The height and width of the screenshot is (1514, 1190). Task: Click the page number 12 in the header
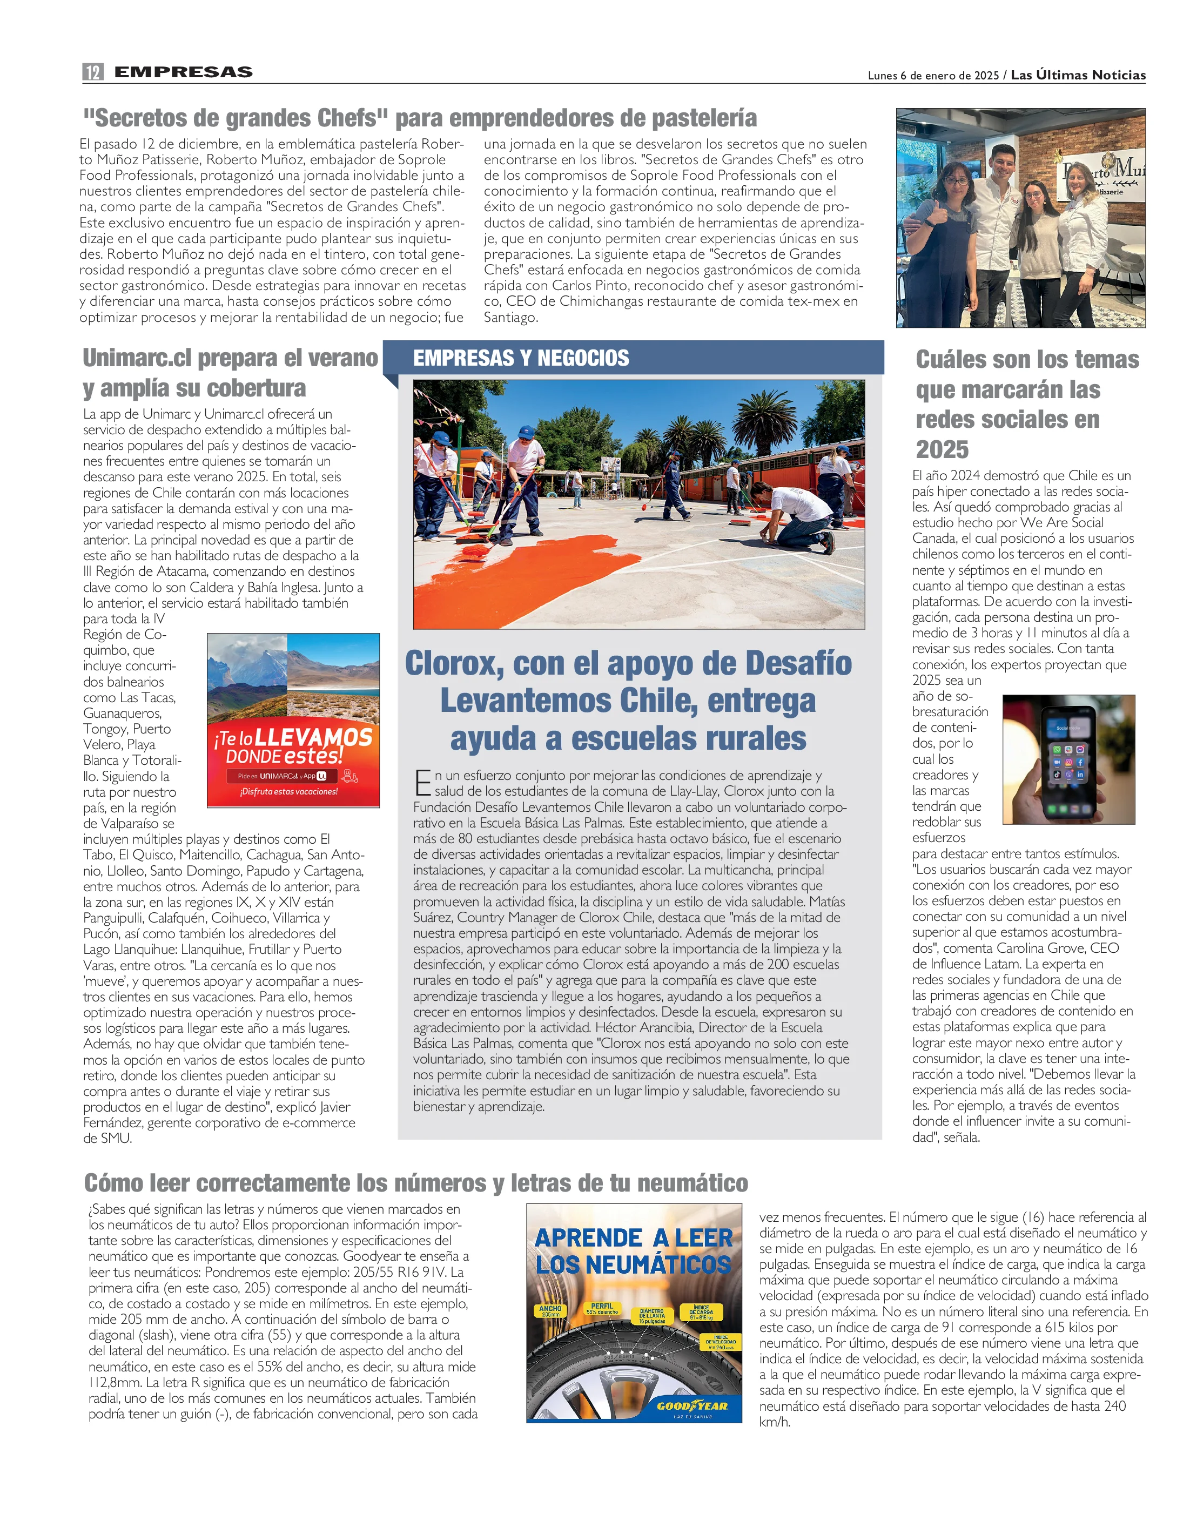point(93,72)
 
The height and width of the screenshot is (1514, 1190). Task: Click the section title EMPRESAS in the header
point(183,72)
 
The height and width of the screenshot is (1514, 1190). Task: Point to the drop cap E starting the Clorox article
point(422,783)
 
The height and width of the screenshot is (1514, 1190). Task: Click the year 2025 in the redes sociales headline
point(942,449)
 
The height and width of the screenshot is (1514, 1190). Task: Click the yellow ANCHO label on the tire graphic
point(550,1309)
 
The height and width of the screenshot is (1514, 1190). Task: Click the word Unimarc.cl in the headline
point(137,358)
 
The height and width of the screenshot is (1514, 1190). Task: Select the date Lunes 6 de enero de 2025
point(933,75)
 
